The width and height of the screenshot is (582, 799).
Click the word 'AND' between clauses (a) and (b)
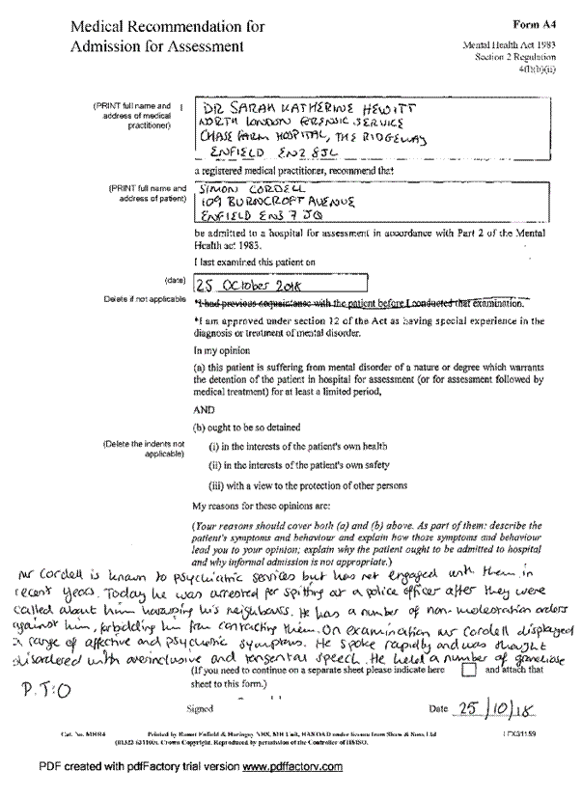tap(205, 408)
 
